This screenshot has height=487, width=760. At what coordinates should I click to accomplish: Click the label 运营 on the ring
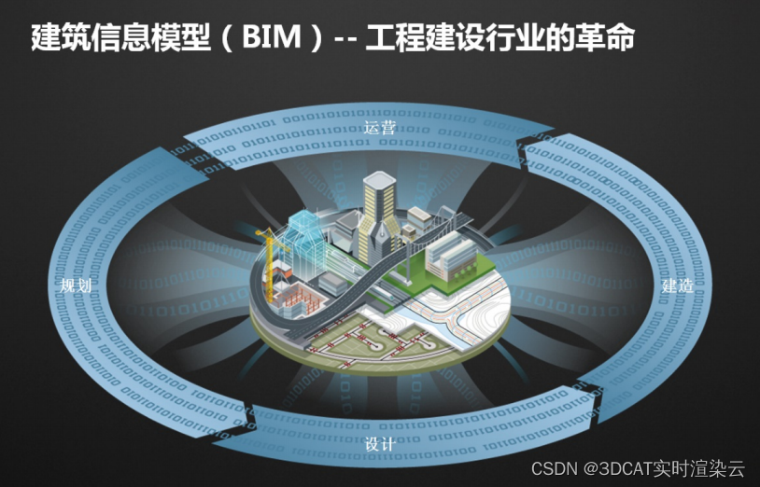click(380, 127)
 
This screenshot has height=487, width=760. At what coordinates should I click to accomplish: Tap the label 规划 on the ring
click(76, 285)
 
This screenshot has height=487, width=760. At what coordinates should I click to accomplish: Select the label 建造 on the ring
click(678, 285)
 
